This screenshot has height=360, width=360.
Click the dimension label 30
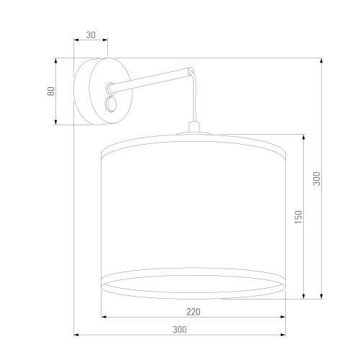pos(91,35)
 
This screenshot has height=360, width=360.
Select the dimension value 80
pos(51,91)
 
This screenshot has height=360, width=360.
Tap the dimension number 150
pos(298,217)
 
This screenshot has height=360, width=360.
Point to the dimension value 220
pos(194,312)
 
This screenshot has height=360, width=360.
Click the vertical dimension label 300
pos(317,179)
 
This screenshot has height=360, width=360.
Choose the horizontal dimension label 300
pos(179,330)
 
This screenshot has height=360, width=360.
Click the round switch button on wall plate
pos(111,104)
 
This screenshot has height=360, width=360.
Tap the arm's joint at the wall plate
pos(110,87)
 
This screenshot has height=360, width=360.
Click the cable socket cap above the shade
pos(194,127)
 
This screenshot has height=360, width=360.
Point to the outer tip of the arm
pos(191,71)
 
